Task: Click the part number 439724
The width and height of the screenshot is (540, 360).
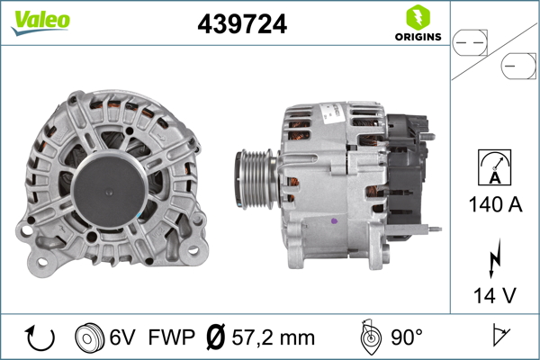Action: click(241, 25)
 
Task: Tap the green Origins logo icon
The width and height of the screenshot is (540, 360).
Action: click(417, 17)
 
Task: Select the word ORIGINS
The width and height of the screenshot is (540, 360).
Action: click(417, 38)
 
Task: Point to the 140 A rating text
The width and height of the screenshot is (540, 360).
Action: click(495, 204)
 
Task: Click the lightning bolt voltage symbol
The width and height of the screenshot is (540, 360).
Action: click(494, 258)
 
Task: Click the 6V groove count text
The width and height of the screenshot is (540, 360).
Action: click(123, 337)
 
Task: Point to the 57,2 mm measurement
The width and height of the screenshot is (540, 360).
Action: click(272, 337)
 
